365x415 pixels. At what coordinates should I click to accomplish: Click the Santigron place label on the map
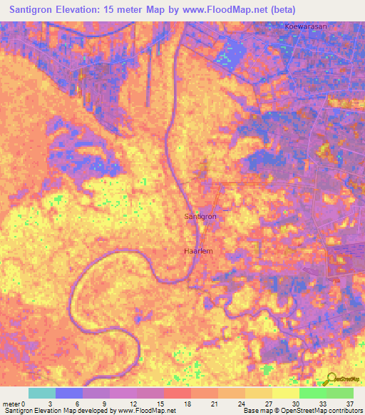point(200,215)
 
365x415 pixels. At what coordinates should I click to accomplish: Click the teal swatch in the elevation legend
point(42,393)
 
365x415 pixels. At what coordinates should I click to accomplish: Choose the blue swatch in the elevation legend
point(69,393)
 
